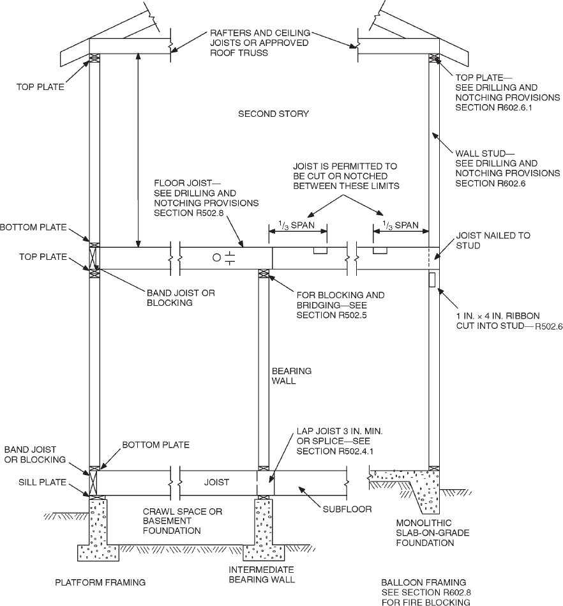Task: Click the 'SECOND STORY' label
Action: click(x=273, y=114)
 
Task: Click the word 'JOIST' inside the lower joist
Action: click(x=216, y=483)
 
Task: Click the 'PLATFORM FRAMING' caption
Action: click(x=100, y=582)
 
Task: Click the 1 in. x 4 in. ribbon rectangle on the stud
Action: click(x=433, y=279)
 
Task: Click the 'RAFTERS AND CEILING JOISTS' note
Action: click(x=260, y=42)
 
